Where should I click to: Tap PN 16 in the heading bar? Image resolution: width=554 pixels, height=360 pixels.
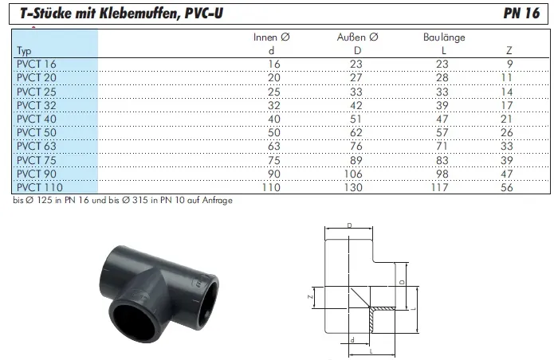pos(521,13)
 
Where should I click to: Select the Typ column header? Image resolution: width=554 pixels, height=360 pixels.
pos(24,51)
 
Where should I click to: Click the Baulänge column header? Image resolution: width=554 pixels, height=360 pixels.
pos(444,37)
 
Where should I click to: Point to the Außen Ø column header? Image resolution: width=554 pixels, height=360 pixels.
pos(358,37)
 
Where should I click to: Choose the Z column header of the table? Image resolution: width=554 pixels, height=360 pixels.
pos(509,50)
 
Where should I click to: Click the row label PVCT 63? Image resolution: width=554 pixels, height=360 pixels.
pos(37,146)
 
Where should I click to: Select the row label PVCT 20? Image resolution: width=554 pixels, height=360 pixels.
pos(37,77)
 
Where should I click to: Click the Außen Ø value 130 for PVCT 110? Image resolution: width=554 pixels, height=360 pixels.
pos(353,187)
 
